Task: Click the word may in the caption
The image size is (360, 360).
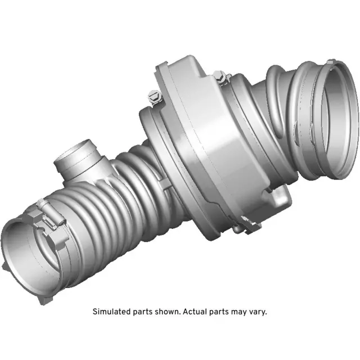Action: tap(237, 311)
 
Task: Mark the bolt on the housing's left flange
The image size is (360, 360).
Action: tap(154, 99)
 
